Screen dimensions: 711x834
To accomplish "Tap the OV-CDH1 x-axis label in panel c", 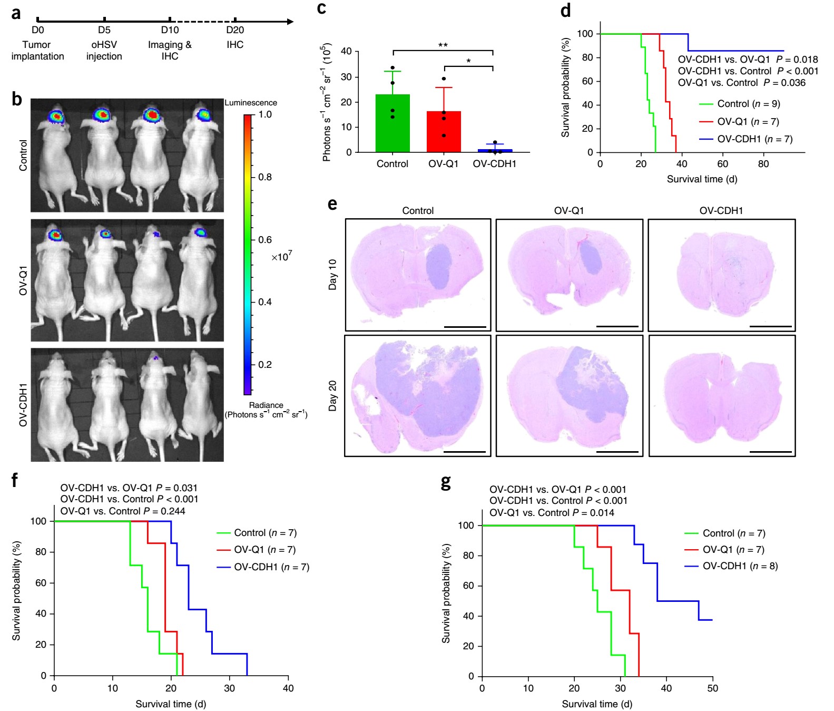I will (494, 164).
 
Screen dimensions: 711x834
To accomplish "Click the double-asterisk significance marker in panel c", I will (443, 45).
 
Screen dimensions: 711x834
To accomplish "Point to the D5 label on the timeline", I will (104, 30).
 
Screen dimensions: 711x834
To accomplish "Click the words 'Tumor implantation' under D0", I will (37, 51).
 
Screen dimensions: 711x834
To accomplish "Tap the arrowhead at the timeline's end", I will (290, 22).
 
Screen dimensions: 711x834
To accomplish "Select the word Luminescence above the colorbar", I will (251, 103).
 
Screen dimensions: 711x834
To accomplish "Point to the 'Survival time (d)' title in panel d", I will (702, 179).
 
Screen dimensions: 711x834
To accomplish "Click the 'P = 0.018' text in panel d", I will (797, 60).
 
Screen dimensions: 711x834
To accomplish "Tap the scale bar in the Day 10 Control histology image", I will (465, 327).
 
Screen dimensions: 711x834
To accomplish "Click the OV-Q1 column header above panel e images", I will (569, 211).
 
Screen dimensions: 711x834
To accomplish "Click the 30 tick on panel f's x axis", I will (229, 688).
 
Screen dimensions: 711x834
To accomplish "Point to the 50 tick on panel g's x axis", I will (712, 688).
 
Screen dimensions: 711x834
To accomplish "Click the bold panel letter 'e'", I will (332, 203).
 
